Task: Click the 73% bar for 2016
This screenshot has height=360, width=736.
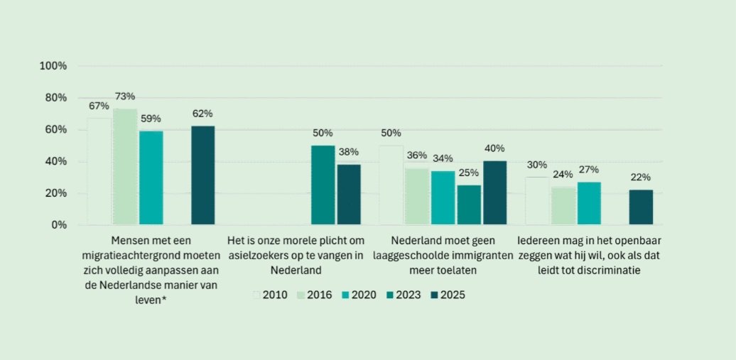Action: pyautogui.click(x=125, y=167)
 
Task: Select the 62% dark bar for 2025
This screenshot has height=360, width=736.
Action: pyautogui.click(x=202, y=175)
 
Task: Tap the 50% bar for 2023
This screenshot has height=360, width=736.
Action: pyautogui.click(x=323, y=185)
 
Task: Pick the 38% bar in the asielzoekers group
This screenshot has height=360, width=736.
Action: pyautogui.click(x=349, y=195)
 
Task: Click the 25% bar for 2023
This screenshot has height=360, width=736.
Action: pyautogui.click(x=469, y=205)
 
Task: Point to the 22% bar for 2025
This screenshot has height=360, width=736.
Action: pyautogui.click(x=641, y=207)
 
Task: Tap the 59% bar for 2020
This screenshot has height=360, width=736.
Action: pyautogui.click(x=151, y=178)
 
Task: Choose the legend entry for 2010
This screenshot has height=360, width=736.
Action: pyautogui.click(x=270, y=295)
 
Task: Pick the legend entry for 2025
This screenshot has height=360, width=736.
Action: pyautogui.click(x=447, y=295)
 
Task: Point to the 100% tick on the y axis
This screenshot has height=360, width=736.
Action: pyautogui.click(x=53, y=66)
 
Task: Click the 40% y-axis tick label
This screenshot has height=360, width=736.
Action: pyautogui.click(x=55, y=162)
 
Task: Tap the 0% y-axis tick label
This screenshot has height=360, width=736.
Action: pyautogui.click(x=58, y=225)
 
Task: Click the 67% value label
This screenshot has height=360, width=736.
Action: pyautogui.click(x=99, y=107)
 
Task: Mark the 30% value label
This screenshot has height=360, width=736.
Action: pyautogui.click(x=537, y=165)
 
